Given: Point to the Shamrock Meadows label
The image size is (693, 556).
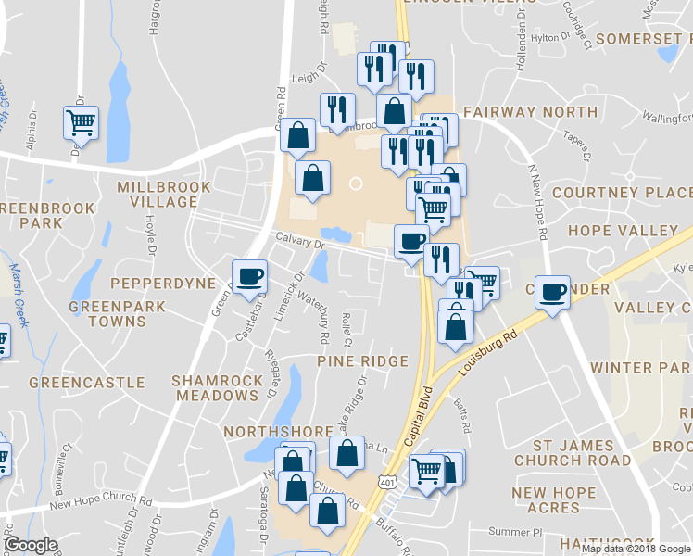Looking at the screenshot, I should (215, 388).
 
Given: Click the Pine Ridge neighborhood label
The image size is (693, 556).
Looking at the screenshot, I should (363, 360).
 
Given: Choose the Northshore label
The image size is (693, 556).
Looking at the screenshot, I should (277, 432).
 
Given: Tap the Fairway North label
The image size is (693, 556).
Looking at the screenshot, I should (530, 112).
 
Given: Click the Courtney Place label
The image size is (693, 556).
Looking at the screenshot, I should (621, 193).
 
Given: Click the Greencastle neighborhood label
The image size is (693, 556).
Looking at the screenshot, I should (86, 382).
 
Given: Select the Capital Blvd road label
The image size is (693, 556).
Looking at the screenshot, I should (418, 412).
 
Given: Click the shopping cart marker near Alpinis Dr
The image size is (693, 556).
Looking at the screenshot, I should (82, 122).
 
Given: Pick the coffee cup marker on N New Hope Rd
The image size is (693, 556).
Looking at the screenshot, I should (553, 292).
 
